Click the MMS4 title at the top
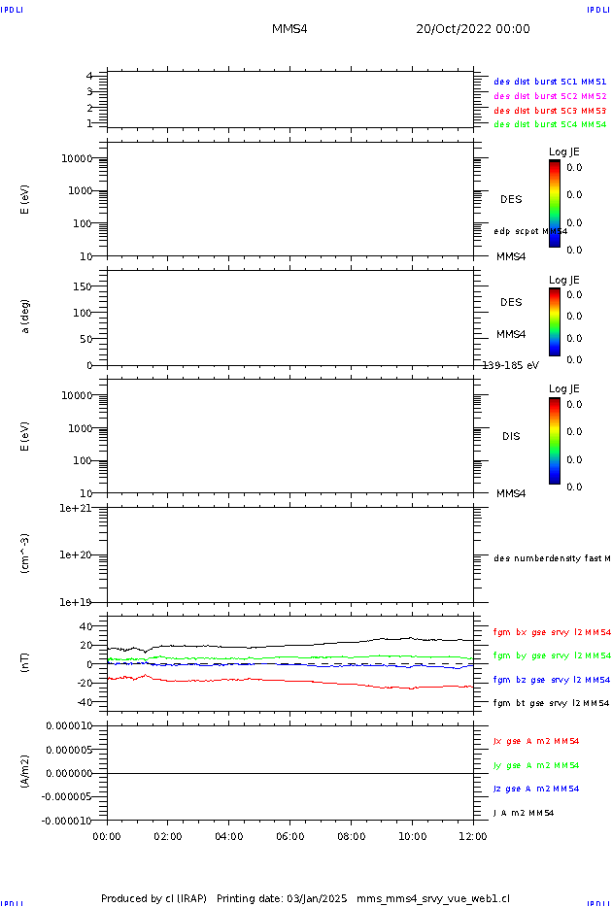pos(289,29)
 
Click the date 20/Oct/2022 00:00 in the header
pos(473,29)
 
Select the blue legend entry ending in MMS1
pos(550,83)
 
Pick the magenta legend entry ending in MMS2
pos(550,96)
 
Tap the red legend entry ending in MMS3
pos(550,111)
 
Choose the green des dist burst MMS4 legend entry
pos(550,124)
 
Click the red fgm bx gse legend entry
pos(552,631)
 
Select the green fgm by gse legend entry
pos(552,655)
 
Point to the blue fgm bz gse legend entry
pos(552,680)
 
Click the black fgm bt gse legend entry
pos(552,703)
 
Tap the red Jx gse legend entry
pos(536,741)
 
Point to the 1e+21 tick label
pos(75,508)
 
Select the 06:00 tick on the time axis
pos(290,835)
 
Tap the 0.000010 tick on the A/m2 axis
pos(67,725)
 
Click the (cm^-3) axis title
pos(25,554)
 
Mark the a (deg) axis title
pos(25,316)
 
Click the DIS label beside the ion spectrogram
pos(511,436)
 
